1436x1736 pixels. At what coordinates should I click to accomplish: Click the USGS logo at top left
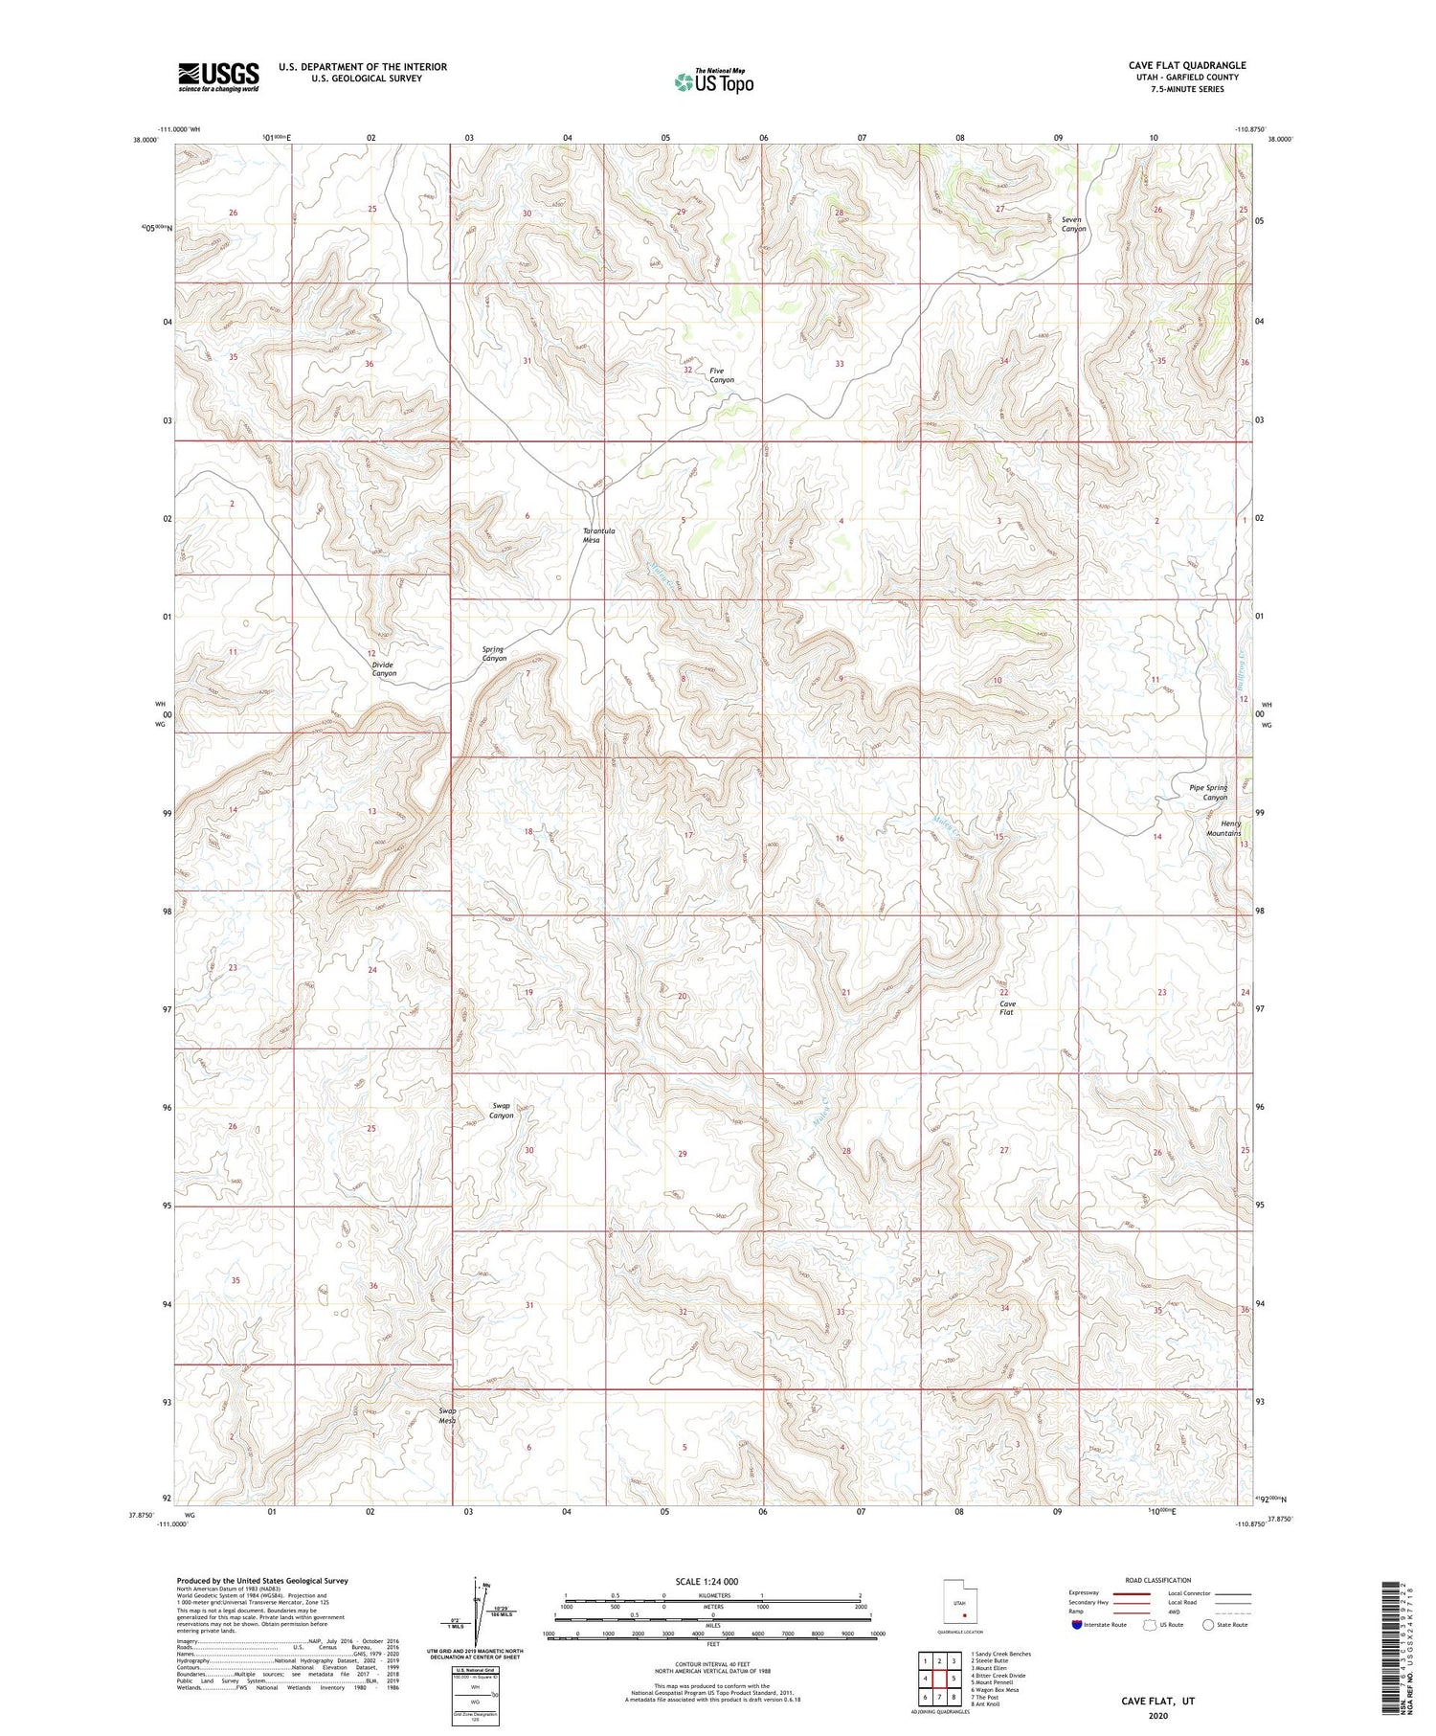pyautogui.click(x=218, y=77)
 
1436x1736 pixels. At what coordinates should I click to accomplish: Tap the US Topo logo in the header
pyautogui.click(x=713, y=82)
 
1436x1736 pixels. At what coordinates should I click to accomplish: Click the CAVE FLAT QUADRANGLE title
pyautogui.click(x=1187, y=65)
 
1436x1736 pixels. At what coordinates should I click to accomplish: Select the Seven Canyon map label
pyautogui.click(x=1073, y=224)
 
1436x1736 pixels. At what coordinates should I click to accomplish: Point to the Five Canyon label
pyautogui.click(x=722, y=375)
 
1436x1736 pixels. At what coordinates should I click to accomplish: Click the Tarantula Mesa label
pyautogui.click(x=592, y=535)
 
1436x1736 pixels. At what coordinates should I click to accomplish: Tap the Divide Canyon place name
pyautogui.click(x=384, y=668)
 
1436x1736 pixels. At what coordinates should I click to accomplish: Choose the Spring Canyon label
pyautogui.click(x=494, y=654)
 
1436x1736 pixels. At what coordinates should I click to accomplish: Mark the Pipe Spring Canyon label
pyautogui.click(x=1208, y=792)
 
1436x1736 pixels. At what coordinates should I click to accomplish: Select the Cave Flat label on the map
pyautogui.click(x=1006, y=1008)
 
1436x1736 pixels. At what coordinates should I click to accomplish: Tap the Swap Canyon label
pyautogui.click(x=502, y=1111)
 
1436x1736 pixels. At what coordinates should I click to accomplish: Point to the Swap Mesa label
pyautogui.click(x=447, y=1416)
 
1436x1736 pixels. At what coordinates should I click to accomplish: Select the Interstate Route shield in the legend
pyautogui.click(x=1076, y=1625)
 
